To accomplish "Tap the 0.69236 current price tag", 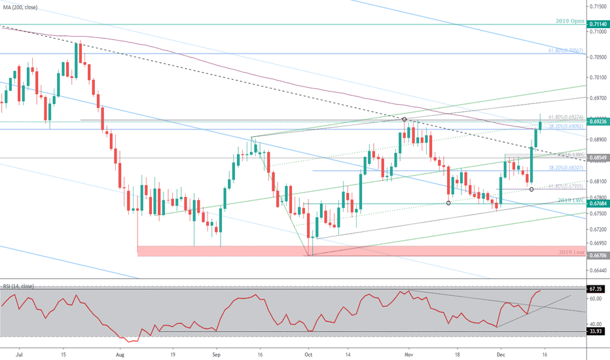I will (x=596, y=121).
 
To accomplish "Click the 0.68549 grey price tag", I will (x=596, y=158).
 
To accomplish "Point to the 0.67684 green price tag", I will (x=596, y=203).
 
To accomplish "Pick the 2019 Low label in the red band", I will (x=571, y=252).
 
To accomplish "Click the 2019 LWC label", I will (x=571, y=200).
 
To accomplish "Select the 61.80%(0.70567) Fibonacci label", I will (x=565, y=50).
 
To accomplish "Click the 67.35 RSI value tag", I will (x=596, y=289).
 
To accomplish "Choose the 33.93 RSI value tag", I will (x=596, y=332).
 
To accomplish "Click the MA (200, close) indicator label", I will (x=19, y=7).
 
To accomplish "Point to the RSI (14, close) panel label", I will (x=19, y=286).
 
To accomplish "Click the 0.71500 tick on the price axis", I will (x=597, y=6).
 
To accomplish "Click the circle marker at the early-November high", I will (x=404, y=119).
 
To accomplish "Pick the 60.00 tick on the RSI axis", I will (x=594, y=298).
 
